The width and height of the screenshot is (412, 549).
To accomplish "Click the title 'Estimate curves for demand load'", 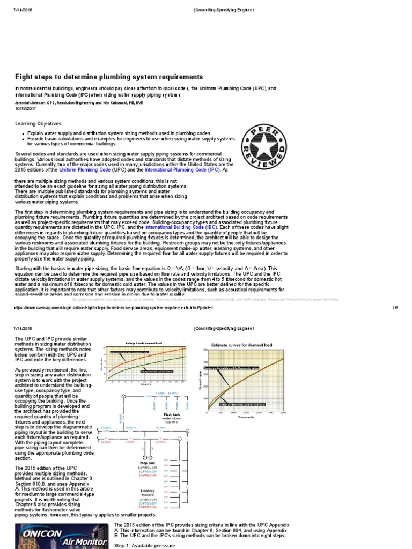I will pyautogui.click(x=245, y=344).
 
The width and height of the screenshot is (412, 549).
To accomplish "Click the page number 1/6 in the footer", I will pyautogui.click(x=395, y=308).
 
